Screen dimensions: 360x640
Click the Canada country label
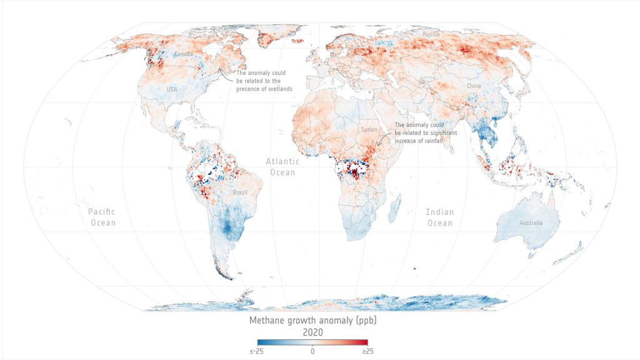pos(183,54)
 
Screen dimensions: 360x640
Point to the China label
pos(473,85)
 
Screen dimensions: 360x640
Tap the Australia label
pos(529,223)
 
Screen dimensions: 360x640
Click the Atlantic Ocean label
pos(282,166)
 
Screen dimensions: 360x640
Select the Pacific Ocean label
pos(102,217)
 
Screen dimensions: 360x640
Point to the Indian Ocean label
pos(439,217)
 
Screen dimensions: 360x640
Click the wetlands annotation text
pos(264,81)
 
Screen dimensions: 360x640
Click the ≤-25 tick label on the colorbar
pos(256,351)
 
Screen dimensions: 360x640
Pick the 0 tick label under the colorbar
pos(312,351)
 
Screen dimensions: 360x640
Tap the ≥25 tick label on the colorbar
pos(367,351)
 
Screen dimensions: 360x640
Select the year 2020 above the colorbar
pos(312,332)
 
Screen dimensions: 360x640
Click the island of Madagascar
pos(394,209)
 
